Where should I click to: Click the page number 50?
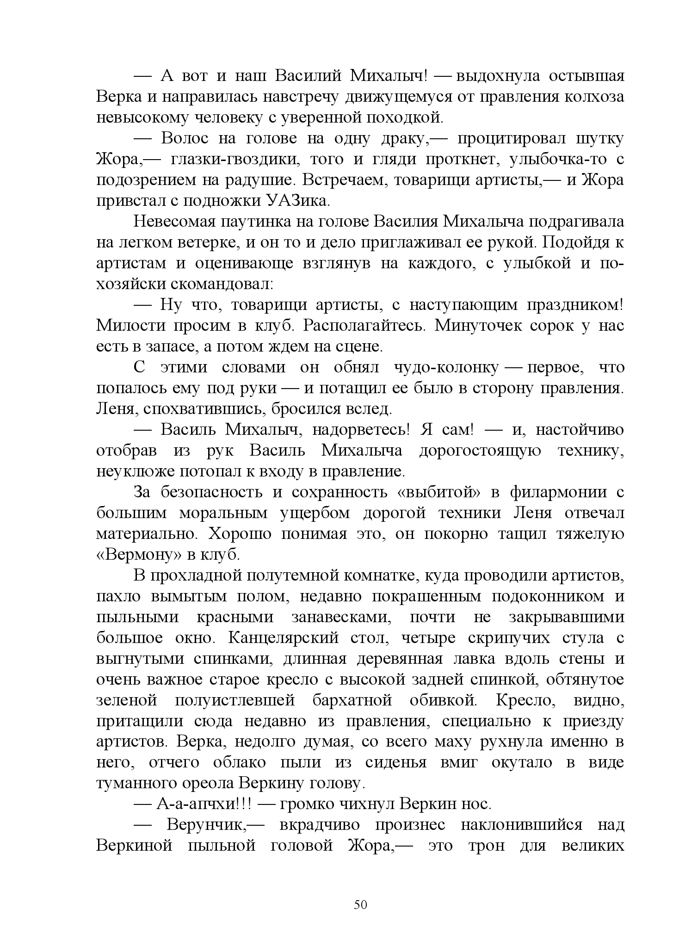[x=360, y=904]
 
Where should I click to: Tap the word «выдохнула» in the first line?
[x=498, y=76]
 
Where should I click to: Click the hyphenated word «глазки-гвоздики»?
[x=236, y=159]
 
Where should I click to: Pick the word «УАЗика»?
[x=297, y=201]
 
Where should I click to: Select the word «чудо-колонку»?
[x=446, y=367]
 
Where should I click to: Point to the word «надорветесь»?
[x=361, y=430]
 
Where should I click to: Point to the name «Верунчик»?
[x=206, y=825]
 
